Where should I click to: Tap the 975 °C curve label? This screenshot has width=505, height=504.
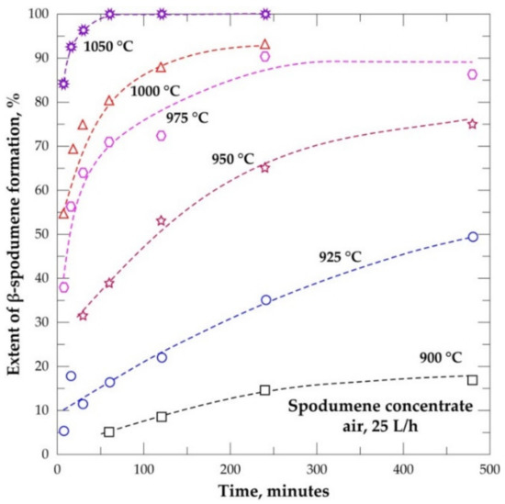click(x=187, y=118)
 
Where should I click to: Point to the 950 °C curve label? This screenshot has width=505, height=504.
click(x=232, y=159)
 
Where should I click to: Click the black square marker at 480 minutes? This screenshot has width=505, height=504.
click(x=472, y=380)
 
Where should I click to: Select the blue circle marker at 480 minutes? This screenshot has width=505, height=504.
click(x=473, y=237)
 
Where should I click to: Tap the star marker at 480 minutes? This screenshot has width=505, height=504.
click(x=473, y=124)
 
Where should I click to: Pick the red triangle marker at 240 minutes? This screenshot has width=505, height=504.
click(x=264, y=44)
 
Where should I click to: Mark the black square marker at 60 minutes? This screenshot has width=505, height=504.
click(x=109, y=431)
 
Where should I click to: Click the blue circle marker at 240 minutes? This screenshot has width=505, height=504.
click(x=266, y=300)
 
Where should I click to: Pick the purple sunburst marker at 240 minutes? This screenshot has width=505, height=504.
click(x=265, y=14)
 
